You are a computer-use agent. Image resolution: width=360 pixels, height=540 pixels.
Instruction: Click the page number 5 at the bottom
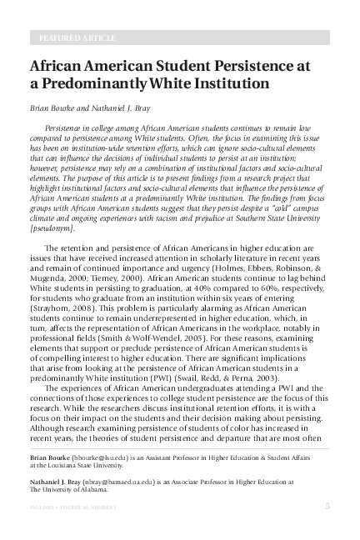tap(327, 507)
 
